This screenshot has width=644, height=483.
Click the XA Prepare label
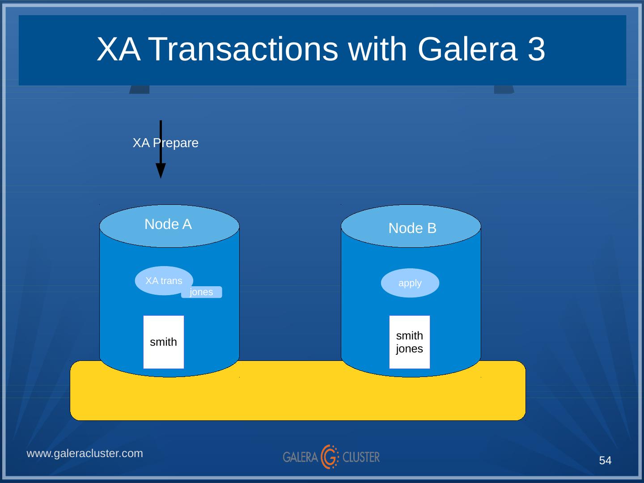tap(165, 143)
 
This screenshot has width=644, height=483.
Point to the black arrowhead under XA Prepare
tap(161, 170)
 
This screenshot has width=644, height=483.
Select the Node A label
tap(168, 224)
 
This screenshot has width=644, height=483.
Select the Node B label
tap(412, 228)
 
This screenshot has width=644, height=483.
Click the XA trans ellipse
tap(164, 281)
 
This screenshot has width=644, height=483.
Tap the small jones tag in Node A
tap(201, 292)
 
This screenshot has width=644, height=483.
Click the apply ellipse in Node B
tap(410, 283)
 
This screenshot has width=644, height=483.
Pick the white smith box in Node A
tap(164, 342)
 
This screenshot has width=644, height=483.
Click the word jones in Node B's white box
tap(409, 349)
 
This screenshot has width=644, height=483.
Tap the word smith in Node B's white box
tap(409, 335)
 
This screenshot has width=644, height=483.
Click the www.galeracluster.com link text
tap(85, 453)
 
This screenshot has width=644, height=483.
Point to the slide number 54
tap(605, 461)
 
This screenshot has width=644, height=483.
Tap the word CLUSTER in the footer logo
tap(361, 457)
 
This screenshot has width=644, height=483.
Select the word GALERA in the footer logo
tap(300, 457)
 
